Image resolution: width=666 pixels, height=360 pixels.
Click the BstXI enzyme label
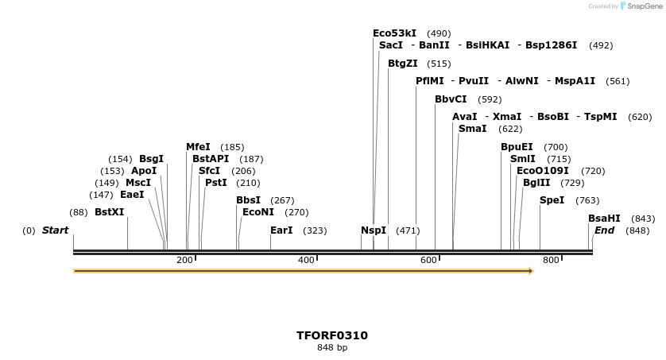click(x=109, y=212)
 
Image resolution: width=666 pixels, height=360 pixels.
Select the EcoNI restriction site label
click(x=257, y=212)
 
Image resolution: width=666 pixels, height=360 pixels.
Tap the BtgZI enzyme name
click(x=402, y=64)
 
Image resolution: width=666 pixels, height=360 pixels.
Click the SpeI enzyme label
click(x=552, y=200)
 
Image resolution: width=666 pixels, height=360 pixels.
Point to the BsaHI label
click(x=604, y=219)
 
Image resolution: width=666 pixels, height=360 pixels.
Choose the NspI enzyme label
click(x=373, y=230)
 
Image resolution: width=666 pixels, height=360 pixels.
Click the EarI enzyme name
click(x=281, y=230)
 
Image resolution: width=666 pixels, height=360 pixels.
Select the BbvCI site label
click(x=451, y=99)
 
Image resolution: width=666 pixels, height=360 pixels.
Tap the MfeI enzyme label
click(x=198, y=147)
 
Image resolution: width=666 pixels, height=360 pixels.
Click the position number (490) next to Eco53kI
click(x=439, y=33)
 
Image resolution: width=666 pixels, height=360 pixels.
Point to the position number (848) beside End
click(x=637, y=230)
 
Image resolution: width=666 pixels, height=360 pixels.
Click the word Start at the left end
click(x=56, y=230)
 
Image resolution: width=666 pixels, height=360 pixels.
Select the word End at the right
click(x=604, y=230)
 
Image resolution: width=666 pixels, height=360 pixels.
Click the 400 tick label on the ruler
click(x=306, y=261)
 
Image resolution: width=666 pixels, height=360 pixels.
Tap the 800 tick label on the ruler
click(x=551, y=261)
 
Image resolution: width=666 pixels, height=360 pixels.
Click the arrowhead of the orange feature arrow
click(x=530, y=271)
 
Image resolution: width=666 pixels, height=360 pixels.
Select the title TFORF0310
click(x=332, y=335)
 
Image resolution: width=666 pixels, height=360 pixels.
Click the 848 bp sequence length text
click(x=332, y=347)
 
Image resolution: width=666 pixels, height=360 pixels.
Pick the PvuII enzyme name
click(x=474, y=81)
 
